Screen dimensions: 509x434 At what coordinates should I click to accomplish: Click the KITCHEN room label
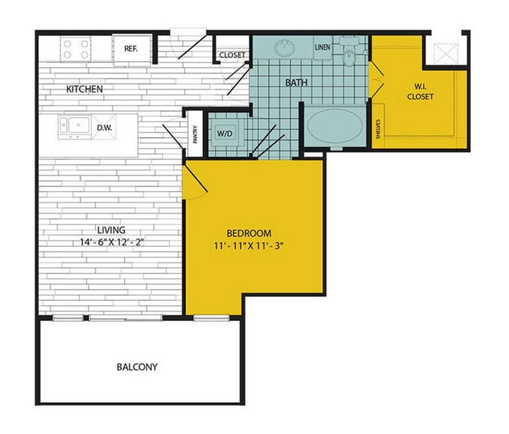tap(85, 89)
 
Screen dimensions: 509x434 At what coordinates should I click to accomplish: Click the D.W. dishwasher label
tap(104, 127)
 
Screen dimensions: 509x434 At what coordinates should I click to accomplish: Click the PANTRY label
tap(195, 134)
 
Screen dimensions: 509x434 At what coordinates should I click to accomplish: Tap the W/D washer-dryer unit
tap(225, 133)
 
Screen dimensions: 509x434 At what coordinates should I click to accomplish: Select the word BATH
tap(296, 82)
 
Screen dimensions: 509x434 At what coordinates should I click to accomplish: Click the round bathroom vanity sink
tap(285, 47)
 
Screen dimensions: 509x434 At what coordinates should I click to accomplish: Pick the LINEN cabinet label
tap(322, 47)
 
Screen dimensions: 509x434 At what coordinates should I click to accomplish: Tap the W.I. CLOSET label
tap(420, 91)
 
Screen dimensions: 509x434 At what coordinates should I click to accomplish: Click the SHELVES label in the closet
tap(378, 129)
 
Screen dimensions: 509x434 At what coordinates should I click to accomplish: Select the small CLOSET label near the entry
tap(232, 55)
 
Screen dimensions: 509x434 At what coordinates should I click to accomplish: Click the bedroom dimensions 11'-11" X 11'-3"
tap(249, 246)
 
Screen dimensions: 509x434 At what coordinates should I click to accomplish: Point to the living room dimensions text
tap(111, 242)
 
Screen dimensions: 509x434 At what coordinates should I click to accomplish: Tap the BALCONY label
tap(137, 367)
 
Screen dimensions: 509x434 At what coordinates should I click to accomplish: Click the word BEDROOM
tap(249, 233)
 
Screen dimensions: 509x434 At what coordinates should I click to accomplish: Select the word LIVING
tap(111, 230)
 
